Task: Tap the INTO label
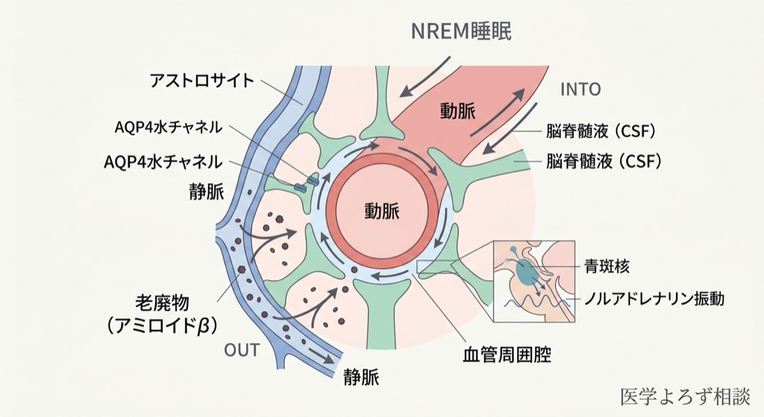click(x=580, y=90)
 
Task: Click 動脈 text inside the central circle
click(x=381, y=211)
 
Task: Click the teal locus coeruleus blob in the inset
click(x=527, y=270)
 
